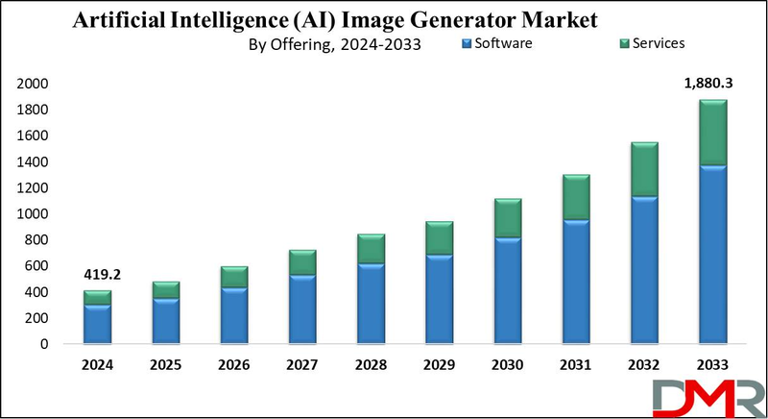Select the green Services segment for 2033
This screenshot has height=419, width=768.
(x=711, y=133)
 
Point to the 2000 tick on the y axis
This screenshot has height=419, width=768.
(x=34, y=85)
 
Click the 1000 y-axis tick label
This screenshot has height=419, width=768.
(x=34, y=213)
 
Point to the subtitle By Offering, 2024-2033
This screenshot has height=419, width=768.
(x=336, y=43)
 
